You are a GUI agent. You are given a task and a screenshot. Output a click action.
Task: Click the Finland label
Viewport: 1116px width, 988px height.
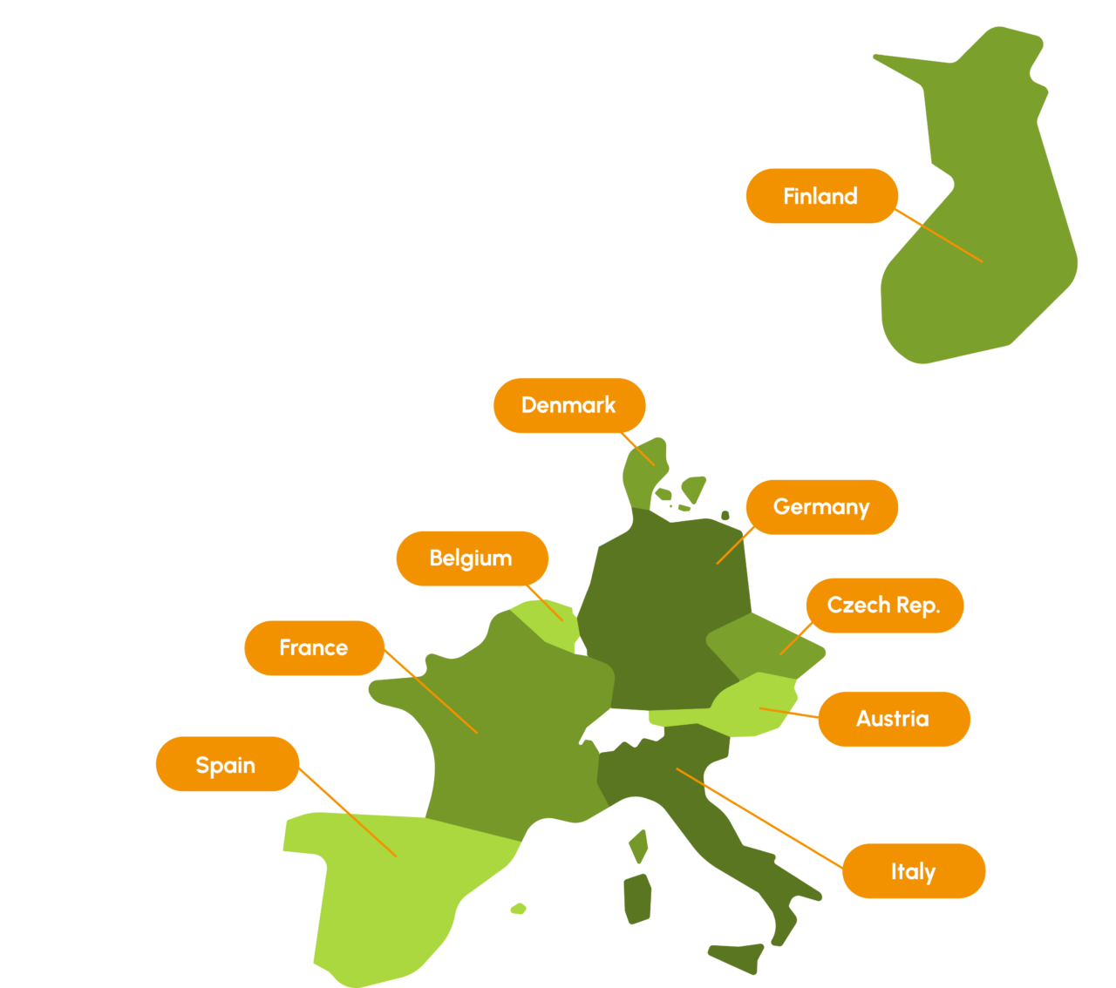click(821, 196)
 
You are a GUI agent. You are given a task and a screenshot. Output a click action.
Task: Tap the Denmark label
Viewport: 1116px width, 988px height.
click(568, 405)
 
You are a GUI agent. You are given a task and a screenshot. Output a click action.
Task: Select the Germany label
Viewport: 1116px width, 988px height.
click(821, 507)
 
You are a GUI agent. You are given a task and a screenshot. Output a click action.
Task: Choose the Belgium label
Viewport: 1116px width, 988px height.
click(472, 558)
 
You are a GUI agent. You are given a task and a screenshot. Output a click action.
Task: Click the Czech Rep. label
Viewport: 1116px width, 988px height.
click(883, 606)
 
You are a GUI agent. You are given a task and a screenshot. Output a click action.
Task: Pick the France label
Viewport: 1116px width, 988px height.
click(314, 648)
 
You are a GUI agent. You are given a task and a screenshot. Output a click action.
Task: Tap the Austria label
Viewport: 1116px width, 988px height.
click(893, 719)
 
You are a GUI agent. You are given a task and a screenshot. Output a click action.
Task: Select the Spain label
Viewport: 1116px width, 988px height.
click(227, 765)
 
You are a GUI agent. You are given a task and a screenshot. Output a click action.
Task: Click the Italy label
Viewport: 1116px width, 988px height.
click(913, 871)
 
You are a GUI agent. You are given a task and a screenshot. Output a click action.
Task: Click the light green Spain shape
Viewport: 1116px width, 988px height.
click(392, 889)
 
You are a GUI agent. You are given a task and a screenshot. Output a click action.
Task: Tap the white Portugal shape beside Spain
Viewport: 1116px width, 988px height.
click(299, 906)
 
